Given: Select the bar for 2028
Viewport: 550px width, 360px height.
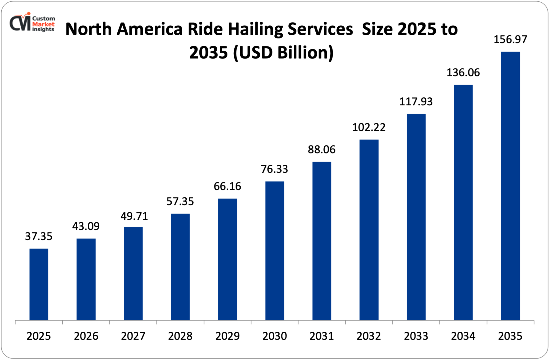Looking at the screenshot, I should (x=180, y=267).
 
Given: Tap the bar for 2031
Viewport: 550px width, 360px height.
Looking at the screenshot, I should (x=322, y=241).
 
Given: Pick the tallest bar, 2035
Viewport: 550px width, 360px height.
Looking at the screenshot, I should (x=510, y=186).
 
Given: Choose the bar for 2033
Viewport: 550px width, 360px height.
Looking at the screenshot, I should (x=416, y=217).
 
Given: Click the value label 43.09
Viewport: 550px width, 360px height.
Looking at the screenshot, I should (x=86, y=226).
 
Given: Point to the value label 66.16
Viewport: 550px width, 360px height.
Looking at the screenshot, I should (x=227, y=186).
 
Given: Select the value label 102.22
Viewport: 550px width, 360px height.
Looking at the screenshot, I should (x=369, y=127).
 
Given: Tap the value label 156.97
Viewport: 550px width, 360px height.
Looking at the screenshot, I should (x=510, y=40).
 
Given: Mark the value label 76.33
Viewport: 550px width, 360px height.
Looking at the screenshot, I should (x=274, y=169).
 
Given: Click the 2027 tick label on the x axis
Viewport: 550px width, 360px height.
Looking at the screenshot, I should (x=133, y=336).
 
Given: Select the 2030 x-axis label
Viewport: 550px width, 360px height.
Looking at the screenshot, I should (x=274, y=336).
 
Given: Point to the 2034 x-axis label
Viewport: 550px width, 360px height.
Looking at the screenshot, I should (x=463, y=336).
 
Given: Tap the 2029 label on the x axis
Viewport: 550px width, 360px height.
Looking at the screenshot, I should (x=227, y=336).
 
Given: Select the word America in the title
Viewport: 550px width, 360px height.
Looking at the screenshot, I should (x=149, y=29).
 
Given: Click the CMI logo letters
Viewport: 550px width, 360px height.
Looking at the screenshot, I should (x=20, y=24).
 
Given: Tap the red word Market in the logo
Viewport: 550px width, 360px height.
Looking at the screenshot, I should (x=43, y=24).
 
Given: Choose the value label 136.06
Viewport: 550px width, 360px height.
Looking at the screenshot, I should (x=463, y=73).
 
